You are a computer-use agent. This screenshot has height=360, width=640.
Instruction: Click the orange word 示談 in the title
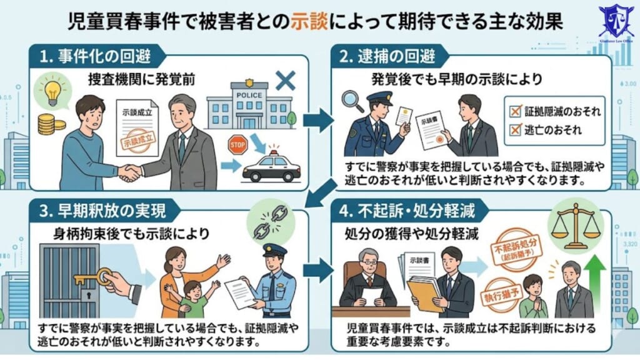click(x=307, y=22)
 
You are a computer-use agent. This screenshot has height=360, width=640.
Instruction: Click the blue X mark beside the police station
click(x=286, y=80)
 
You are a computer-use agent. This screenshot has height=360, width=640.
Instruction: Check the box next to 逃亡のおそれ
click(x=516, y=130)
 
